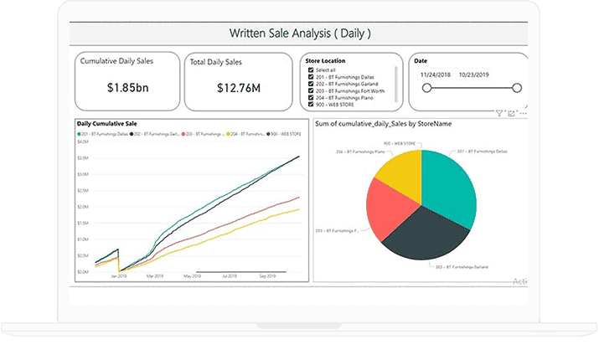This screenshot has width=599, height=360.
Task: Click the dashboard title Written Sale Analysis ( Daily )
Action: (299, 34)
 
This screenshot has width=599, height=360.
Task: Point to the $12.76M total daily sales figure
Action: (238, 87)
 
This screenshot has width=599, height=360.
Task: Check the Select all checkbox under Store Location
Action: (311, 69)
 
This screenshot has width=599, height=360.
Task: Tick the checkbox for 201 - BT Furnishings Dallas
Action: (311, 77)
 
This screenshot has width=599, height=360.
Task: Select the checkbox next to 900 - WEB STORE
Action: (311, 105)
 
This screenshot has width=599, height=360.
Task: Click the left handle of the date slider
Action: (425, 88)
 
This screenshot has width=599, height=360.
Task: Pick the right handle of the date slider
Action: (517, 88)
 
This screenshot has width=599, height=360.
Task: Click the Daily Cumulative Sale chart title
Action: (107, 123)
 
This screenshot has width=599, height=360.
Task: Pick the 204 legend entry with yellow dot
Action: (220, 133)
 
